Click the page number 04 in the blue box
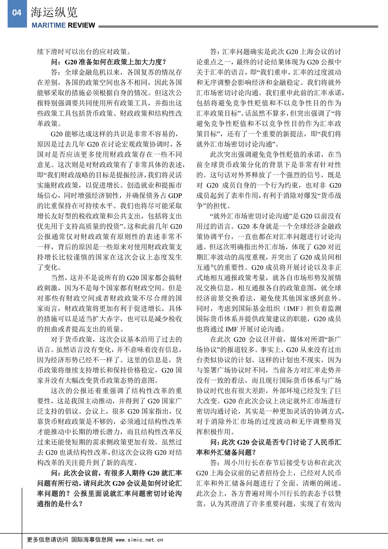point(16,13)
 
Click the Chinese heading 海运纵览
point(54,12)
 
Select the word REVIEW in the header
point(81,25)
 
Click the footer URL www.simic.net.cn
point(139,540)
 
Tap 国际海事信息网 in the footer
point(92,540)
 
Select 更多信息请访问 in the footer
point(47,540)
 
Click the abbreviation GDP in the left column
point(175,196)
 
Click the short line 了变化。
point(49,267)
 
